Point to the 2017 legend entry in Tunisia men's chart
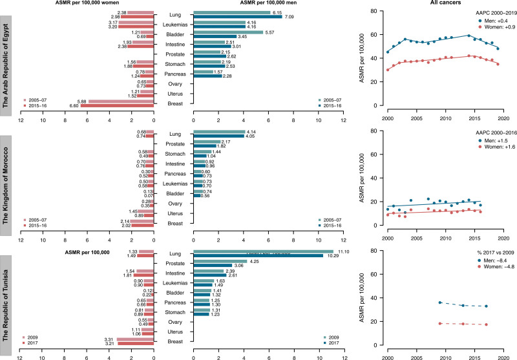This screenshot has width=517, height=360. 333,343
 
